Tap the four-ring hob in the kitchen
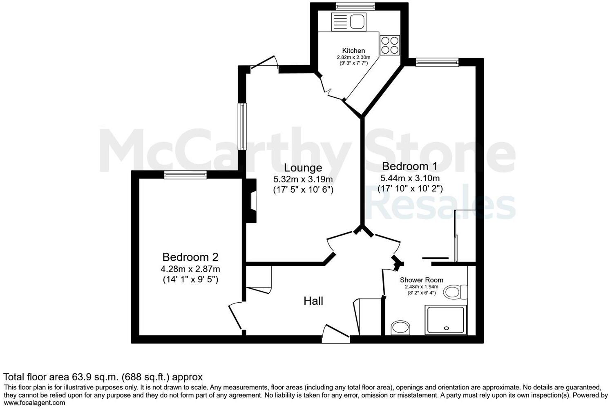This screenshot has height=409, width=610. click(390, 45)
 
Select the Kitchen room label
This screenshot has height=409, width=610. click(353, 51)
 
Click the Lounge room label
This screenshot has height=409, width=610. click(303, 168)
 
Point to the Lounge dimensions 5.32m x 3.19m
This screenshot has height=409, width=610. click(303, 179)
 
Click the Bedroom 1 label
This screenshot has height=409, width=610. click(409, 166)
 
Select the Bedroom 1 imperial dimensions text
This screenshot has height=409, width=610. click(410, 189)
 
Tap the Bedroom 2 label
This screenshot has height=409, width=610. click(190, 257)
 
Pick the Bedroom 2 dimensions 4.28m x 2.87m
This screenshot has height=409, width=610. click(190, 269)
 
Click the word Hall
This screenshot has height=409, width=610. click(313, 301)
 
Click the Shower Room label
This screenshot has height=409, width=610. click(421, 280)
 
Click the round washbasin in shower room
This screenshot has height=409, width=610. click(400, 328)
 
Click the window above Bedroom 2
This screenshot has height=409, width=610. click(185, 175)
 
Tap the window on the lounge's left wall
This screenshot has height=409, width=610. click(242, 126)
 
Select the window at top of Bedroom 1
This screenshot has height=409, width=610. click(437, 62)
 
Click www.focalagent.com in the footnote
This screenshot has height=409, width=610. click(34, 402)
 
